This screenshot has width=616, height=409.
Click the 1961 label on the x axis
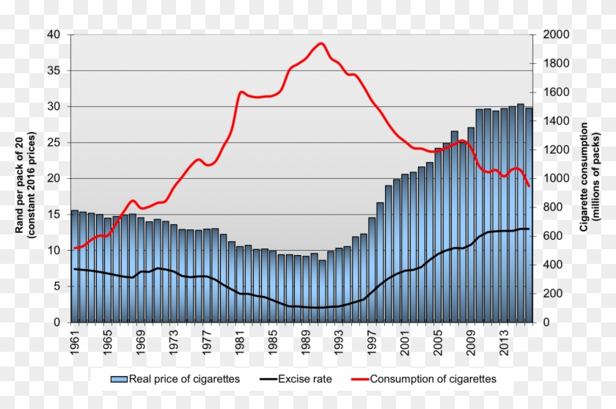tap(74, 342)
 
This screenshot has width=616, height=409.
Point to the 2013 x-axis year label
tap(505, 342)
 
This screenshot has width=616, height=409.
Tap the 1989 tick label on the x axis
tap(306, 342)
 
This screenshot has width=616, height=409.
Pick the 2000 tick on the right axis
tap(555, 34)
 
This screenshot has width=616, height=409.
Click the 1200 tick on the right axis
tap(555, 150)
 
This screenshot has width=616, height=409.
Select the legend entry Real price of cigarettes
tap(184, 379)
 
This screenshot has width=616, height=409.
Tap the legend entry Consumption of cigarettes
tap(433, 379)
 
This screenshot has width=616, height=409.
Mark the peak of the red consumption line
tap(321, 43)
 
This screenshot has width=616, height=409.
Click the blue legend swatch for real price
tap(118, 379)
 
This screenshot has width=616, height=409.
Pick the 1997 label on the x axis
tap(373, 342)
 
